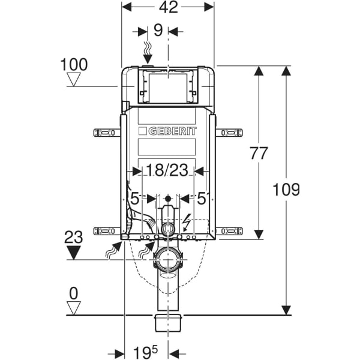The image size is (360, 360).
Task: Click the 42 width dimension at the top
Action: pyautogui.click(x=169, y=8)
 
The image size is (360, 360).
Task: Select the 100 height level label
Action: pyautogui.click(x=74, y=64)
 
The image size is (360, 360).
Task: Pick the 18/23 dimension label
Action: pyautogui.click(x=167, y=170)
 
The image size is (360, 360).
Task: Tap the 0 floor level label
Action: pyautogui.click(x=74, y=293)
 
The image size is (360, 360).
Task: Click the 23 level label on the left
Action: pyautogui.click(x=74, y=237)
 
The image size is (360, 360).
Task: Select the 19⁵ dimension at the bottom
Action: pyautogui.click(x=146, y=350)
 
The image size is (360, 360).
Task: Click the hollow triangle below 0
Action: pyautogui.click(x=74, y=307)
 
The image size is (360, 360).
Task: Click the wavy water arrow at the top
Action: pyautogui.click(x=149, y=52)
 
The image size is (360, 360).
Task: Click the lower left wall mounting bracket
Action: pyautogui.click(x=107, y=230)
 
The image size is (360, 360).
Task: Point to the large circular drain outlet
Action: pyautogui.click(x=168, y=259)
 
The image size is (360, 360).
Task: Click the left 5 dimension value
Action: pyautogui.click(x=134, y=197)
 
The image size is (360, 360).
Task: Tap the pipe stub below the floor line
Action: pyautogui.click(x=168, y=322)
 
